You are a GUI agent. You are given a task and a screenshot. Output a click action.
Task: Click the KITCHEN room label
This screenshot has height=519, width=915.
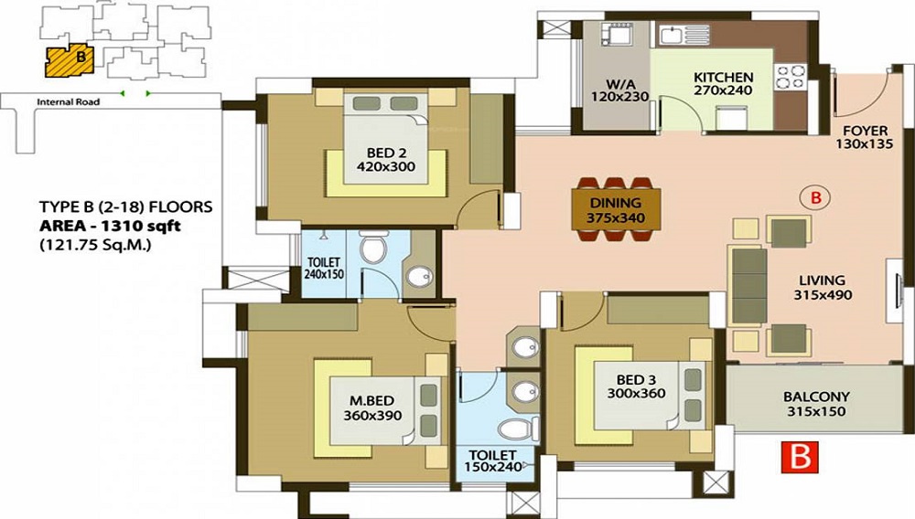pyautogui.click(x=723, y=77)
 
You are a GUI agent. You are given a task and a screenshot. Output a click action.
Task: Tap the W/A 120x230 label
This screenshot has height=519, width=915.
pyautogui.click(x=619, y=90)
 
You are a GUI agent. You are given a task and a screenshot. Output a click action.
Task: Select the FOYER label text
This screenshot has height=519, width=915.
pyautogui.click(x=866, y=131)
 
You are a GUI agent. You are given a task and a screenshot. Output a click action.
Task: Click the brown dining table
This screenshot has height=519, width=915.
pyautogui.click(x=617, y=208)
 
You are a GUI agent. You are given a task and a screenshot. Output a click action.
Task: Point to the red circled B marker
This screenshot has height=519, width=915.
pyautogui.click(x=816, y=197)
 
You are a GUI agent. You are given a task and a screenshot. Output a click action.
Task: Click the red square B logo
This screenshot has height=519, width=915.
pyautogui.click(x=800, y=457)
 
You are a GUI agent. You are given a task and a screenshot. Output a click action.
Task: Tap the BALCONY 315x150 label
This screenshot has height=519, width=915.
pyautogui.click(x=816, y=404)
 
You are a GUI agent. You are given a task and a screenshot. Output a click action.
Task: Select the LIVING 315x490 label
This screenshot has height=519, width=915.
pyautogui.click(x=823, y=287)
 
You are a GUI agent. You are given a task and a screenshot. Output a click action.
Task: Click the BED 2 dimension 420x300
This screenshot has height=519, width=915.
pyautogui.click(x=386, y=166)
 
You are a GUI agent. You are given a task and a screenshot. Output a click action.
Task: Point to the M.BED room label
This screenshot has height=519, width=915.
pyautogui.click(x=371, y=401)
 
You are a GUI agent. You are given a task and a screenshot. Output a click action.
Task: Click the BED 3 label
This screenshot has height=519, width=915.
pyautogui.click(x=636, y=380)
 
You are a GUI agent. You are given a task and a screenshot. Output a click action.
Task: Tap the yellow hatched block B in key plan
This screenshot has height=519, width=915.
pyautogui.click(x=69, y=59)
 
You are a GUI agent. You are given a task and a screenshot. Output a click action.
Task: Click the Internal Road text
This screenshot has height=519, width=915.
pyautogui.click(x=69, y=102)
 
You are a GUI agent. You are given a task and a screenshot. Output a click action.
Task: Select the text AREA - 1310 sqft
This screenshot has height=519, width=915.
pyautogui.click(x=110, y=226)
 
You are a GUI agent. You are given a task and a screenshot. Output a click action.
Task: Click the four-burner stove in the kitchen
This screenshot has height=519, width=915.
pyautogui.click(x=791, y=78)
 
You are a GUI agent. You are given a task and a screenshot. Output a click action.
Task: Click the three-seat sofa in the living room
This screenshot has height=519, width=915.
pyautogui.click(x=748, y=286)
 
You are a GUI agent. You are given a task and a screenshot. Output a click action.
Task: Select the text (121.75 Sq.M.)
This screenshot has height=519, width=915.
pyautogui.click(x=95, y=245)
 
